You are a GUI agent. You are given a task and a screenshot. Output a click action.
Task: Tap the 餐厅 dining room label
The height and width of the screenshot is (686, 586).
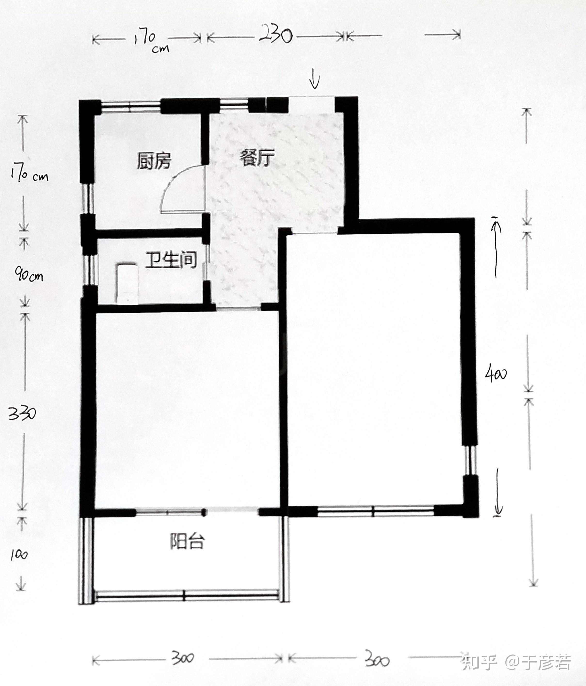coord(257,158)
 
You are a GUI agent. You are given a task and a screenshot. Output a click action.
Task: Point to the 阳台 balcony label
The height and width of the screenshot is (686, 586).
coord(187,541)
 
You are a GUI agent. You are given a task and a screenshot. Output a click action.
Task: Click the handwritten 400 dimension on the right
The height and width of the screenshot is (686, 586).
coord(496,374)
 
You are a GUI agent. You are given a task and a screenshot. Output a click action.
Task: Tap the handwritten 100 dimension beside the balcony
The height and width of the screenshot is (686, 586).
coord(19,555)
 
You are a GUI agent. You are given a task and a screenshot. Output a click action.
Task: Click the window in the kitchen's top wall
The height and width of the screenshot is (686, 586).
coord(131,106)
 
